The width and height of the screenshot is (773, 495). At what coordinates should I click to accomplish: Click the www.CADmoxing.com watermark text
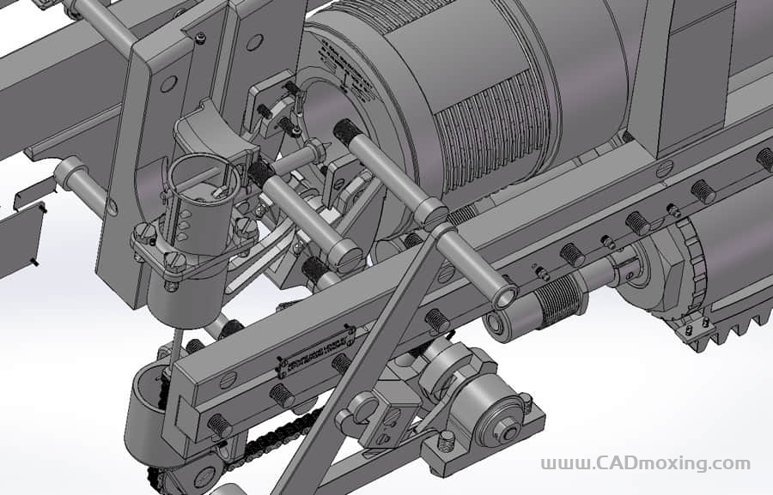point(645,464)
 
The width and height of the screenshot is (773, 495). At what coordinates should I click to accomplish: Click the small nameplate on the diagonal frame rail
point(315,350)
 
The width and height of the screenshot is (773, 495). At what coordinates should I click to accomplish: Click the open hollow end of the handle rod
point(504,297)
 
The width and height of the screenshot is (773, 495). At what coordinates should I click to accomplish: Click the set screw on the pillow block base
point(446,443)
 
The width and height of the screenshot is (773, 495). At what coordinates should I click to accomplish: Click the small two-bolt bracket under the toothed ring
point(697,329)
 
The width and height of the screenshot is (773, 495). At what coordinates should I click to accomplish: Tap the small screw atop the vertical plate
point(200,37)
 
